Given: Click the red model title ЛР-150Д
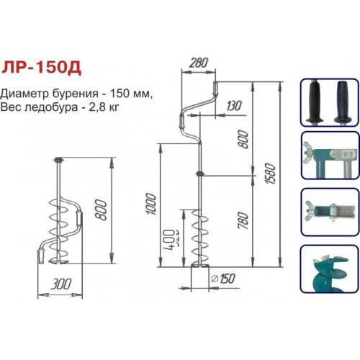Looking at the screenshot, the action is pyautogui.click(x=41, y=68).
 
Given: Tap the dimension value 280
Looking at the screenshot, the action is pyautogui.click(x=199, y=63).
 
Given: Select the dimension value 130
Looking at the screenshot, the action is pyautogui.click(x=233, y=106).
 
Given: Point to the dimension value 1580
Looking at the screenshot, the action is pyautogui.click(x=270, y=174).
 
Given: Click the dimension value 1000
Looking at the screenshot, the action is pyautogui.click(x=151, y=204).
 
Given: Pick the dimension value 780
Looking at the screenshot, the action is pyautogui.click(x=243, y=220).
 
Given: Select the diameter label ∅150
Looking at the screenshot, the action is pyautogui.click(x=222, y=279).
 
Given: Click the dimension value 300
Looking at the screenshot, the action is pyautogui.click(x=61, y=284).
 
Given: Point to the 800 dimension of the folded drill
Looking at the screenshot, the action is pyautogui.click(x=101, y=210).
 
